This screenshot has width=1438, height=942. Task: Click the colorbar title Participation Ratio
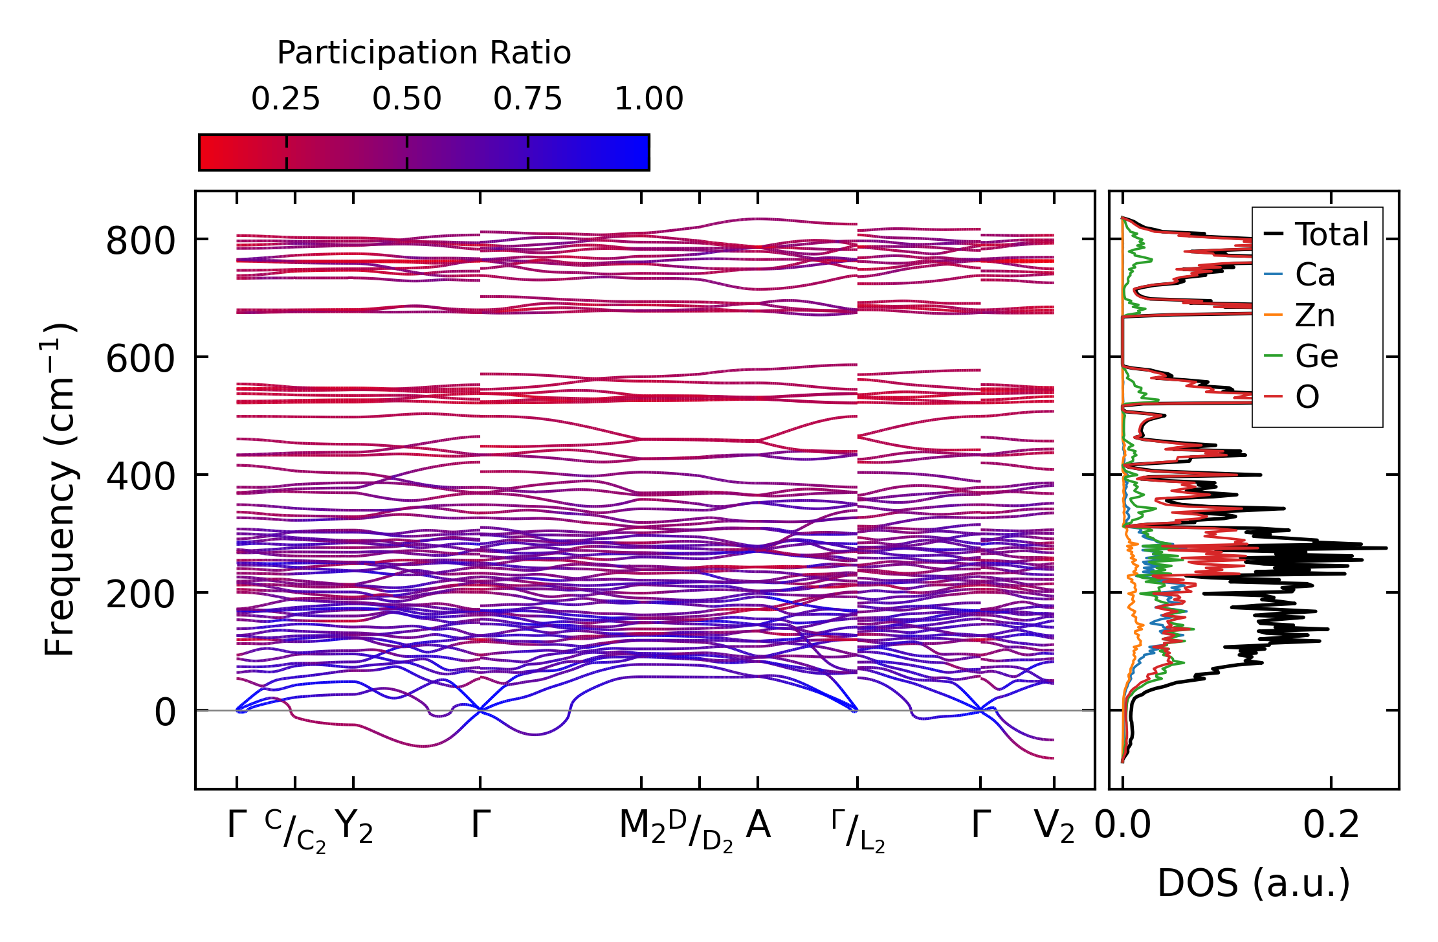(424, 53)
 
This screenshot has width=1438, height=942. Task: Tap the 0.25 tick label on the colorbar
(285, 100)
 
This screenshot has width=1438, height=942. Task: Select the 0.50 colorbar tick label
(406, 100)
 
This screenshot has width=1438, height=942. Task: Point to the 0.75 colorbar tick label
(527, 100)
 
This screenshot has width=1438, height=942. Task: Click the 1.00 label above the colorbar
(648, 100)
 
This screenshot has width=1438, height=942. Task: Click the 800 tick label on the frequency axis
(140, 241)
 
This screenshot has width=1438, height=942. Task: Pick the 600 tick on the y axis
(140, 359)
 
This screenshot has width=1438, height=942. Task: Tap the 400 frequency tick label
(140, 477)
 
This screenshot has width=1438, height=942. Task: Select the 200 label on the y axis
(140, 595)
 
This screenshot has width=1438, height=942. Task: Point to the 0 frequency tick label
(164, 713)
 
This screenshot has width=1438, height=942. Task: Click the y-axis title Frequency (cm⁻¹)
(60, 489)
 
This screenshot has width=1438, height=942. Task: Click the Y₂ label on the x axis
(354, 827)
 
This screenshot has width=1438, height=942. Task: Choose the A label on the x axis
(758, 825)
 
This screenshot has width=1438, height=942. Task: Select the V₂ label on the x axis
(1054, 827)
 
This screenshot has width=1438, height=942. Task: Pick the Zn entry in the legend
(1314, 316)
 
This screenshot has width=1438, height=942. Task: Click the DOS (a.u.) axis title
(1254, 884)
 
